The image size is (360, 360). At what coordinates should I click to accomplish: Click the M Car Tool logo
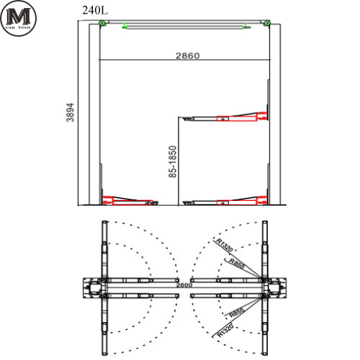pyautogui.click(x=18, y=18)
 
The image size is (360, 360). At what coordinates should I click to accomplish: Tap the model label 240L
pyautogui.click(x=95, y=10)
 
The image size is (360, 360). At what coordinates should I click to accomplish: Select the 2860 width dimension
pyautogui.click(x=188, y=55)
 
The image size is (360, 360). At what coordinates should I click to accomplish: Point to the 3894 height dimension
pyautogui.click(x=70, y=112)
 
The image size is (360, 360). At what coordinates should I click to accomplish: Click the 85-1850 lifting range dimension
pyautogui.click(x=173, y=161)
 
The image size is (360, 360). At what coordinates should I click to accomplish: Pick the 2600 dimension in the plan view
pyautogui.click(x=184, y=285)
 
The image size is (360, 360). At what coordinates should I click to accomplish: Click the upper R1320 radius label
pyautogui.click(x=225, y=245)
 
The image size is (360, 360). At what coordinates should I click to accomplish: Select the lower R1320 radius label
pyautogui.click(x=225, y=330)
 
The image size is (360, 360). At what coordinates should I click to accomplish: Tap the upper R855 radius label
pyautogui.click(x=237, y=264)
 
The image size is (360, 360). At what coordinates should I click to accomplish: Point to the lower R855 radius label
pyautogui.click(x=237, y=312)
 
